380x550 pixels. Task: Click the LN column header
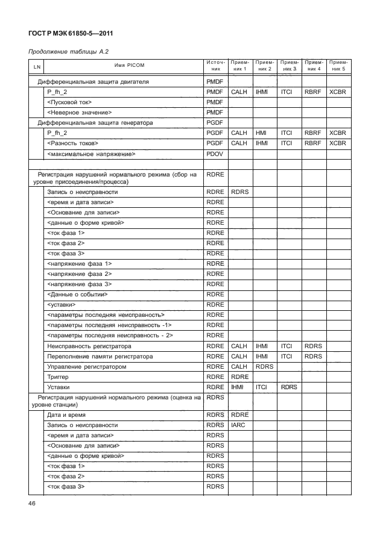(37, 66)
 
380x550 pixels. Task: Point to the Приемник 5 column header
(338, 65)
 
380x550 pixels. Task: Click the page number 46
(33, 504)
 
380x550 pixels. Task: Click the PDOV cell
(215, 154)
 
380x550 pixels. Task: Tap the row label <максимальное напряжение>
(90, 154)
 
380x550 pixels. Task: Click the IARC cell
(238, 425)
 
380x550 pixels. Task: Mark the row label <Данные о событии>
(77, 294)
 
